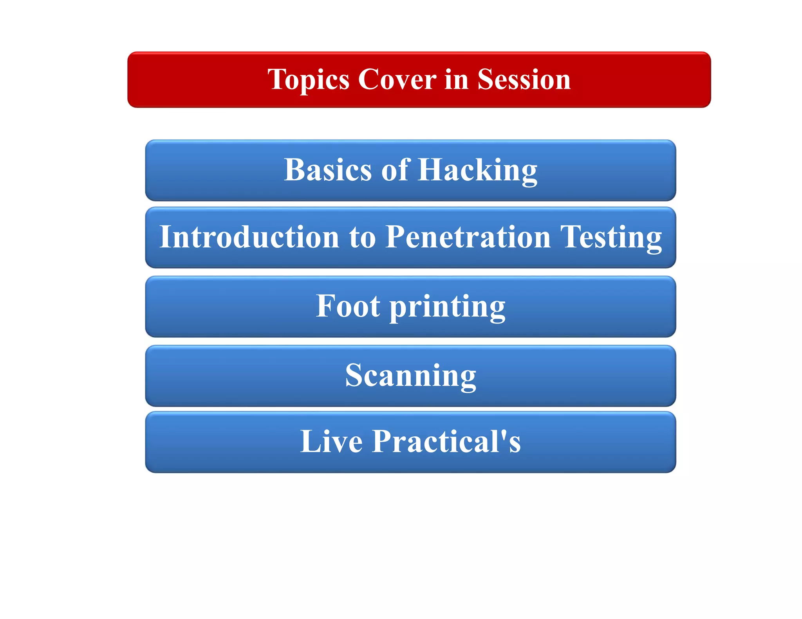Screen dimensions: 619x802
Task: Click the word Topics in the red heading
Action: point(308,80)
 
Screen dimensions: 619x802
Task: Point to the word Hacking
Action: point(477,171)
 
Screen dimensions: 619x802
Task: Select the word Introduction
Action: point(249,237)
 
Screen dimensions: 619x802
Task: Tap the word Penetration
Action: point(468,237)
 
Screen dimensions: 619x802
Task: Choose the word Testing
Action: point(611,238)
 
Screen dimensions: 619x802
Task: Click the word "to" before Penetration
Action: point(362,238)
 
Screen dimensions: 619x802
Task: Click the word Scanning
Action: point(410,375)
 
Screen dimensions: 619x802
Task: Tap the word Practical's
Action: point(446,441)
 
